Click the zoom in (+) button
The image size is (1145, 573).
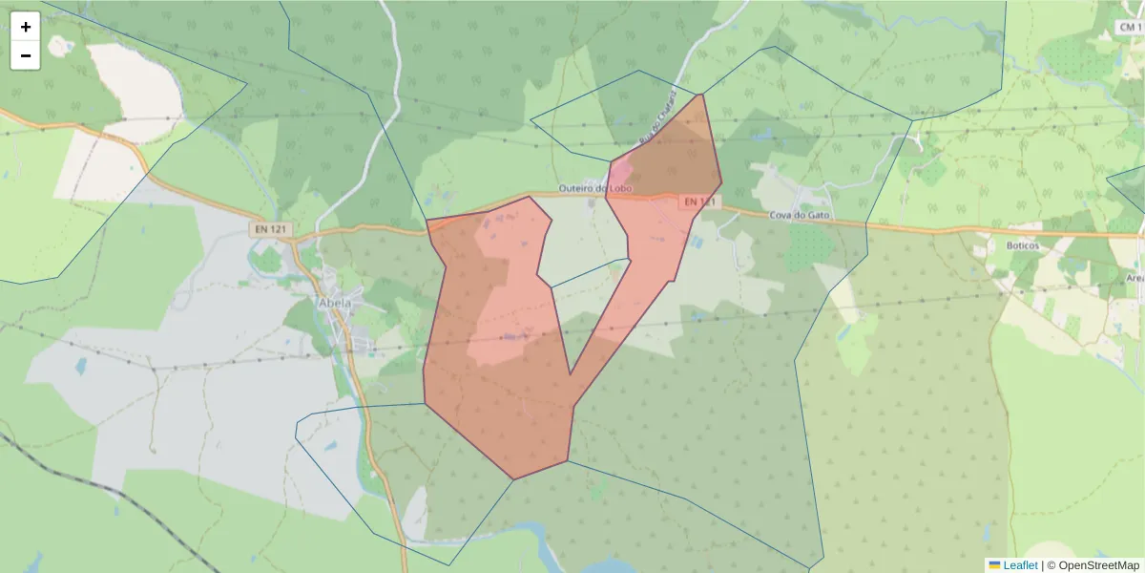point(26,27)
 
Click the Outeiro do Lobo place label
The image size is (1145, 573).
point(595,188)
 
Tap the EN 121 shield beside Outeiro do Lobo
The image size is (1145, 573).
point(699,202)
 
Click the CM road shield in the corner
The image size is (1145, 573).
point(1130,29)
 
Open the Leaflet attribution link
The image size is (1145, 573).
point(1020,565)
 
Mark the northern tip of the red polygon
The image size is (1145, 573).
point(702,94)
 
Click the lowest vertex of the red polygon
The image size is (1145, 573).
point(514,479)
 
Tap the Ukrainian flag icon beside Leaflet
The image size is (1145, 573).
point(994,565)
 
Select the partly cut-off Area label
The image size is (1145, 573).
point(1135,278)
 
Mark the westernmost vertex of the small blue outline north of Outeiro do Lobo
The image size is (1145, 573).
point(531,120)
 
